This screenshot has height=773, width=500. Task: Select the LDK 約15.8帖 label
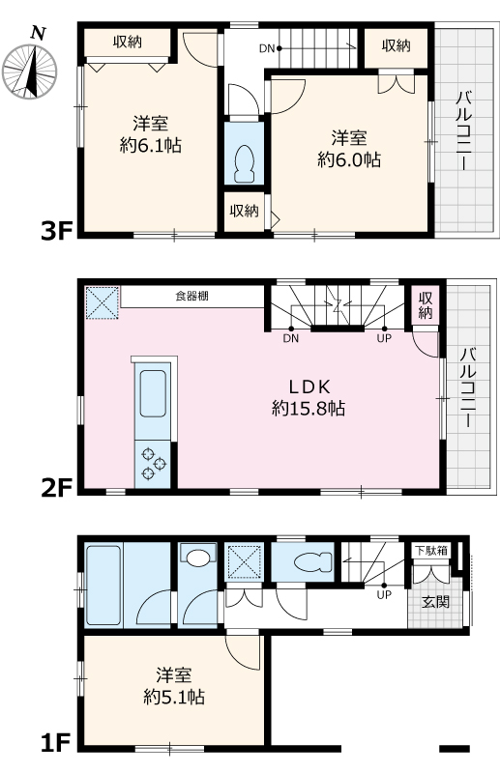click(x=309, y=397)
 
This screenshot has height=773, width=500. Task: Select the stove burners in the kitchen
click(x=152, y=461)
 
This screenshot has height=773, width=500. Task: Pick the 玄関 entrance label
click(x=433, y=600)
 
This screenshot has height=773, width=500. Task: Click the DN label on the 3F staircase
click(x=268, y=47)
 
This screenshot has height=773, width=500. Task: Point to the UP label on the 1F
click(x=384, y=594)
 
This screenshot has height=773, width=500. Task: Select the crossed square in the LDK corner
click(x=101, y=302)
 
